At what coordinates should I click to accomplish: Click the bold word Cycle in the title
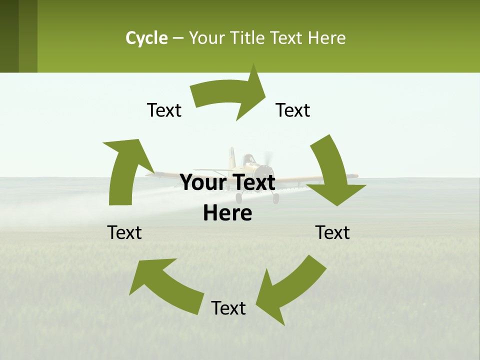point(146,38)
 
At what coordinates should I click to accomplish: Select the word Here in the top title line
point(326,38)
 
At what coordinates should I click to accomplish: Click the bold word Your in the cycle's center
point(203,182)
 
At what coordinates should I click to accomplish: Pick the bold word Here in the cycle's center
point(227,213)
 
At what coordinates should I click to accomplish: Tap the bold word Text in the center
point(253,182)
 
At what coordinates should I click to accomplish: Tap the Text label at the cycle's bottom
point(228,308)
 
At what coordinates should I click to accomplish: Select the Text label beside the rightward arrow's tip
point(293,110)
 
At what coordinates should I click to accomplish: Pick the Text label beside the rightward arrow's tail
point(164,110)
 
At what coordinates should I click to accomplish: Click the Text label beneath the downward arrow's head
point(333,232)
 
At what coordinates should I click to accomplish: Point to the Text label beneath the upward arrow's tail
point(124,232)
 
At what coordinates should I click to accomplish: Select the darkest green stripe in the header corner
point(9,36)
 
